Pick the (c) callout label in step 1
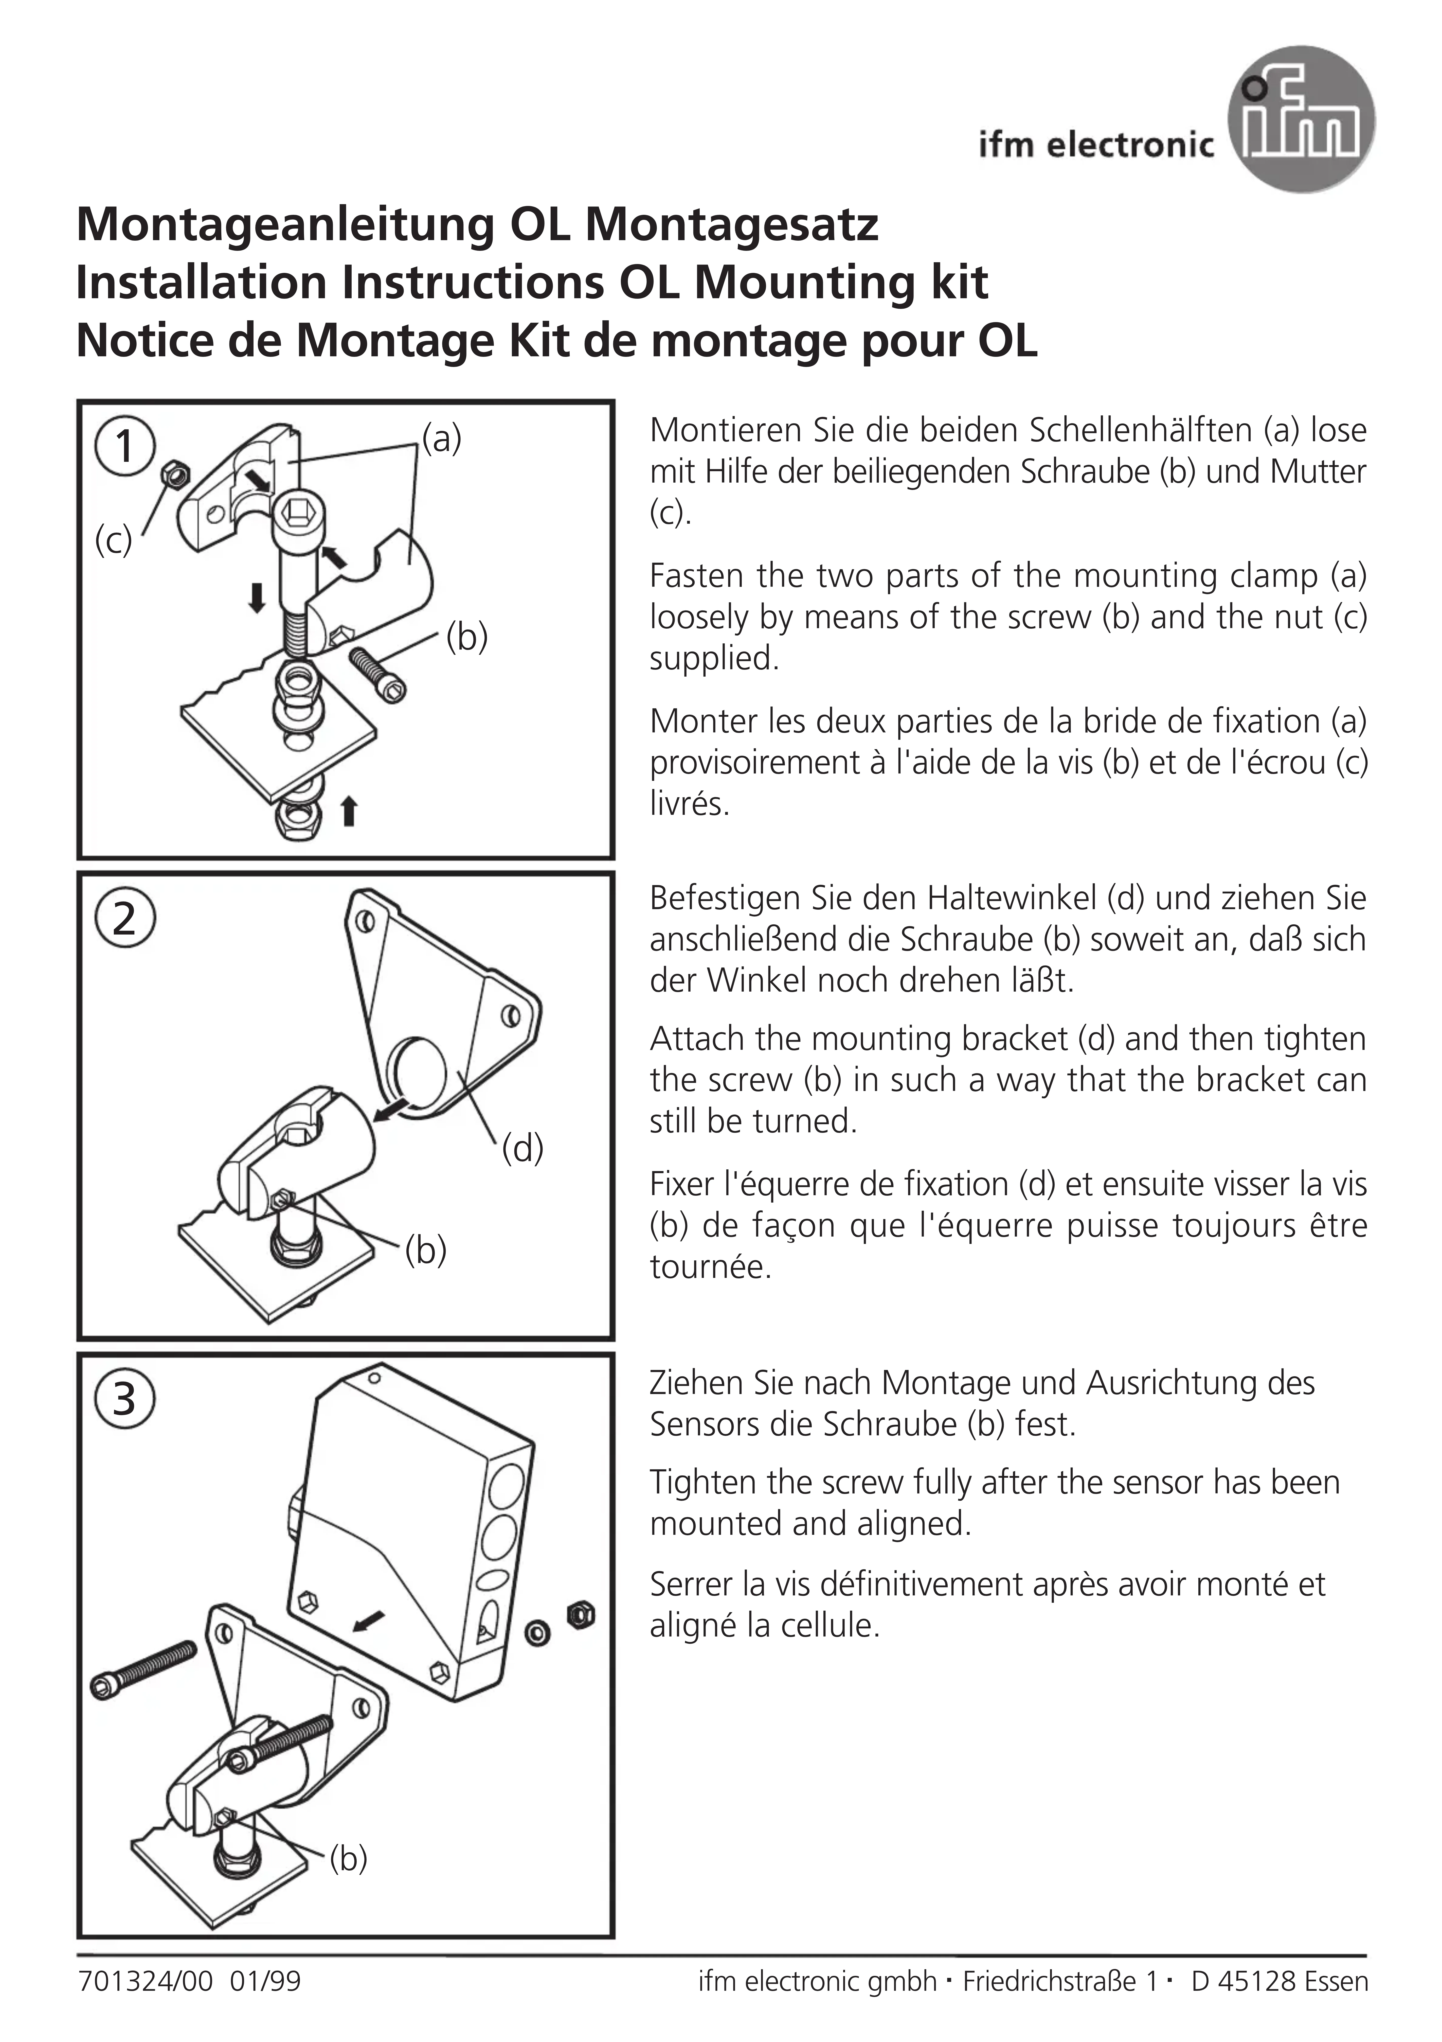tap(113, 540)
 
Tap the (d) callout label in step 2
tap(522, 1148)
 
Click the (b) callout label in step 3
tap(348, 1858)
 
